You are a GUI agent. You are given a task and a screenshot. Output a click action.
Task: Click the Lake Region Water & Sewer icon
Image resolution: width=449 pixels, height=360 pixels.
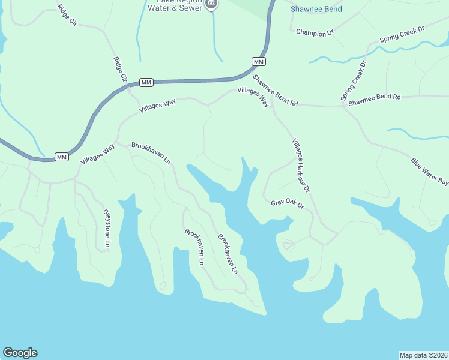click(211, 4)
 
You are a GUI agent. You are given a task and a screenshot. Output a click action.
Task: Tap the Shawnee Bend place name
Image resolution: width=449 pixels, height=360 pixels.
click(316, 9)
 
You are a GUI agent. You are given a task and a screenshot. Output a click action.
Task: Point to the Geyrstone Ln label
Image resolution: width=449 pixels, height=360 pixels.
click(107, 229)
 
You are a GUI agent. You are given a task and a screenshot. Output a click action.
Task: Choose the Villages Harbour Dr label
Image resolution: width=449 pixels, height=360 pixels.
click(300, 166)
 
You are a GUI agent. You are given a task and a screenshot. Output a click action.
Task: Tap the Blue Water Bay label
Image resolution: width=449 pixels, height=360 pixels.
click(429, 172)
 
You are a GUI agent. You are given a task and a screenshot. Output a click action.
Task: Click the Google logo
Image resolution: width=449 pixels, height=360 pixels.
click(20, 353)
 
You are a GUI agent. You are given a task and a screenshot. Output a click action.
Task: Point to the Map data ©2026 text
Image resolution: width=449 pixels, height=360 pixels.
click(423, 355)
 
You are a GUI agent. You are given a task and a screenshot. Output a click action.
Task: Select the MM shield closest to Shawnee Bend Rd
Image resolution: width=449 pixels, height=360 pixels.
click(259, 62)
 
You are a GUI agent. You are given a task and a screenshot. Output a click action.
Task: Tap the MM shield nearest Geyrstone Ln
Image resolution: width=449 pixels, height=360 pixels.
click(61, 157)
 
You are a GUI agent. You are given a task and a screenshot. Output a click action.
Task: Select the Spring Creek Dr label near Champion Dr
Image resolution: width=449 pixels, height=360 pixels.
click(402, 35)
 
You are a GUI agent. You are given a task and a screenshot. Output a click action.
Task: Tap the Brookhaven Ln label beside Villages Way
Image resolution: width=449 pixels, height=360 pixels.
click(151, 154)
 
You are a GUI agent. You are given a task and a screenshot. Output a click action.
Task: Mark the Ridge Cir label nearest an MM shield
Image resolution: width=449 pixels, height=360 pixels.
click(121, 70)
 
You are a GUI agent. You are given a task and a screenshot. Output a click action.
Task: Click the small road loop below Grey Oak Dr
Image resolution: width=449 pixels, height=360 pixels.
click(288, 244)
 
